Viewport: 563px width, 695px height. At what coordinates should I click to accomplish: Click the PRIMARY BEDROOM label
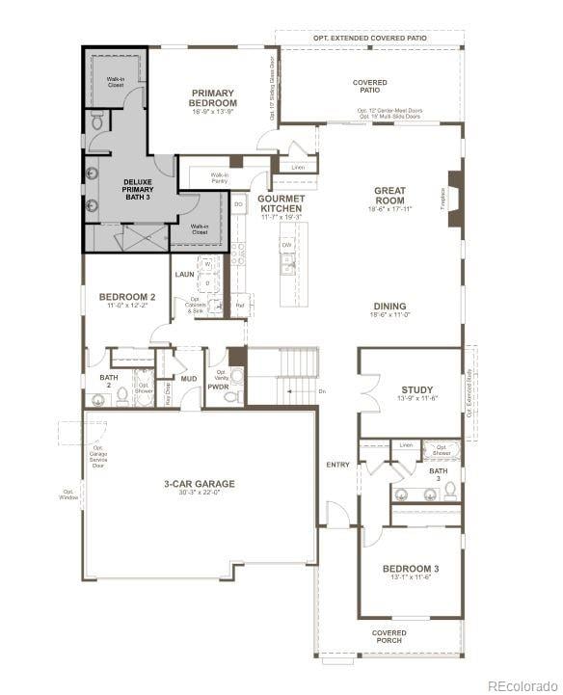click(213, 98)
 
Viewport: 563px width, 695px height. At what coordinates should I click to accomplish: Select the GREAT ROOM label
click(390, 196)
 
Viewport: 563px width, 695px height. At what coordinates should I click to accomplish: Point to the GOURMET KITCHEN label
click(281, 203)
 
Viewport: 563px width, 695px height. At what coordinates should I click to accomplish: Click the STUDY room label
click(417, 390)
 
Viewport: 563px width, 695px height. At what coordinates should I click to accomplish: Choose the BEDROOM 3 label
click(411, 569)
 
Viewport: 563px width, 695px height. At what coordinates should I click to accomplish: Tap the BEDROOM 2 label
click(127, 297)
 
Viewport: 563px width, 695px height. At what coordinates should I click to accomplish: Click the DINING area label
click(390, 307)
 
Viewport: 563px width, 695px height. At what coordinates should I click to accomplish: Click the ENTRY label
click(338, 465)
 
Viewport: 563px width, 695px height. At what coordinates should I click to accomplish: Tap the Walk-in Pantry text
click(220, 177)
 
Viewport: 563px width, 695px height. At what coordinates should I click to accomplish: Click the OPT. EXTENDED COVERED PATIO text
click(369, 38)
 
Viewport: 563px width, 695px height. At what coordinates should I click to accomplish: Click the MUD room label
click(189, 379)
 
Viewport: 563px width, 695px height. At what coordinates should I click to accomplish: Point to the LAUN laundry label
click(185, 275)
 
